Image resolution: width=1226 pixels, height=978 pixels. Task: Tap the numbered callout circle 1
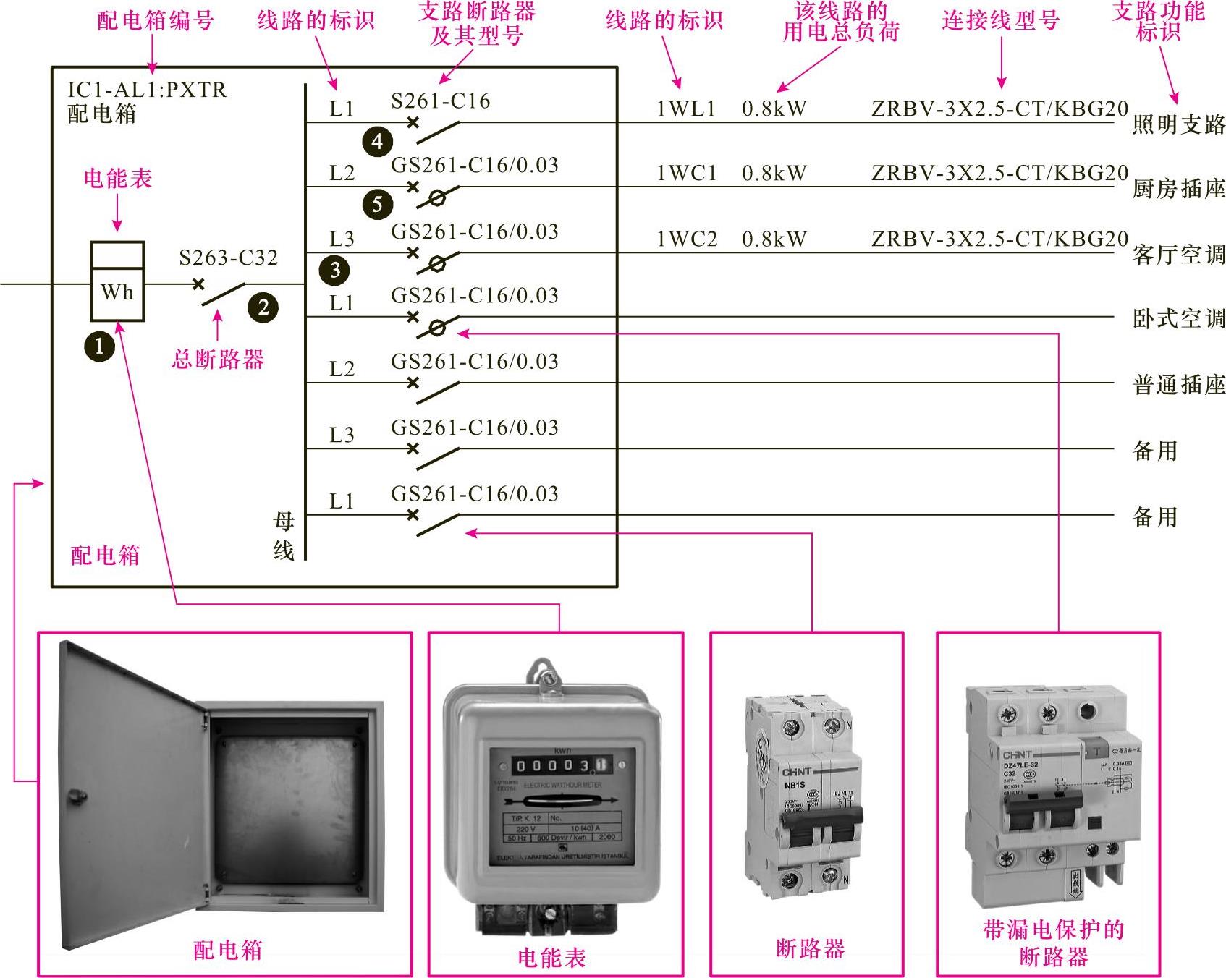click(99, 346)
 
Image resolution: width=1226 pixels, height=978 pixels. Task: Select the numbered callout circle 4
click(377, 141)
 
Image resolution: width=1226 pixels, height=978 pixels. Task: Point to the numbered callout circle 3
click(334, 271)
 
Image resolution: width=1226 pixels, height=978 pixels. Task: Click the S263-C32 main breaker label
click(229, 258)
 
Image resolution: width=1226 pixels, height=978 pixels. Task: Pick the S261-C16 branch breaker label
click(440, 101)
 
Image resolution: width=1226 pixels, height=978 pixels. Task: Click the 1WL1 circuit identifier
click(685, 109)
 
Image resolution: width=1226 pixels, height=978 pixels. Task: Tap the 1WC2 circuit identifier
click(686, 239)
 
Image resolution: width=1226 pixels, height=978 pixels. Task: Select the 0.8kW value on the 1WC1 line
click(774, 174)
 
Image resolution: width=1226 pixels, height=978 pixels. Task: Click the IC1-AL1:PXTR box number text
click(147, 90)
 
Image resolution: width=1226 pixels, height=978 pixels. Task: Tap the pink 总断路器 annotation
click(218, 360)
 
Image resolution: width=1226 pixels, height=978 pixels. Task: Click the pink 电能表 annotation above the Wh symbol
click(117, 179)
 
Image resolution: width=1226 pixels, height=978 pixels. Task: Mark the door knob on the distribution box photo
click(75, 796)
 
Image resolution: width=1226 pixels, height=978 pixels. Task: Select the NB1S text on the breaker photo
click(794, 785)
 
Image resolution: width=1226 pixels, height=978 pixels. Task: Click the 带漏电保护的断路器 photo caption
click(1053, 943)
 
